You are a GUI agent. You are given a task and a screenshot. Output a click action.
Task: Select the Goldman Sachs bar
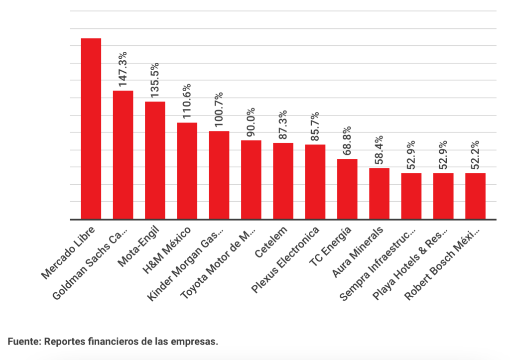tap(123, 155)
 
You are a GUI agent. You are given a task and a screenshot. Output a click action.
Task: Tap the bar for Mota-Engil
tap(155, 160)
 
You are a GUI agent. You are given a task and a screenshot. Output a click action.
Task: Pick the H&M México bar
tap(187, 171)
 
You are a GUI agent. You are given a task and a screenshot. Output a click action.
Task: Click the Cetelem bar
tap(283, 181)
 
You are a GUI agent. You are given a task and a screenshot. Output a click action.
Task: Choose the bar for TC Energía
tap(347, 189)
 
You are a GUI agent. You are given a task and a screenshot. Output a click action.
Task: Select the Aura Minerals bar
tap(379, 194)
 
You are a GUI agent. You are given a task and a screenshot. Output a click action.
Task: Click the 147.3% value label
tap(123, 70)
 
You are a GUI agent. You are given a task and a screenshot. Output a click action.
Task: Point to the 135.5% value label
tap(155, 80)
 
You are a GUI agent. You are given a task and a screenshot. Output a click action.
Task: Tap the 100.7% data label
tap(219, 110)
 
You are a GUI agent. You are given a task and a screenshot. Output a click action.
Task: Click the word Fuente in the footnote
tap(23, 342)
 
